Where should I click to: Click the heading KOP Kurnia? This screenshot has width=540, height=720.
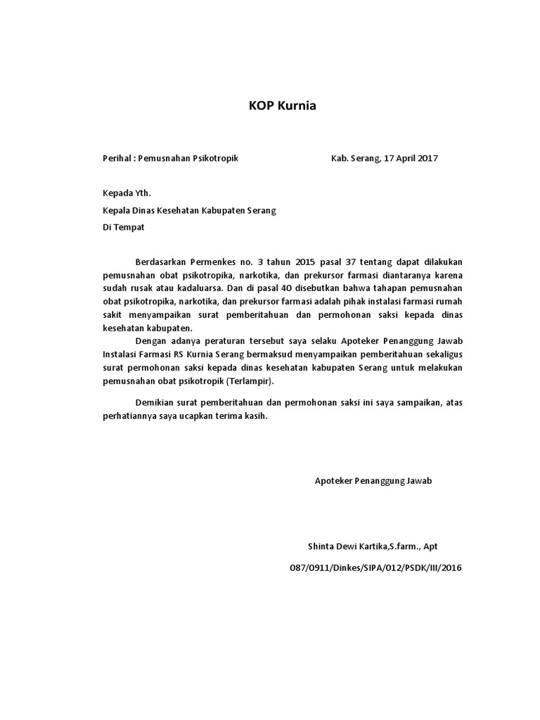(283, 106)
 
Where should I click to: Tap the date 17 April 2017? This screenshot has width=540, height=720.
(410, 158)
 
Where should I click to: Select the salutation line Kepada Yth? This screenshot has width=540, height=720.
(127, 193)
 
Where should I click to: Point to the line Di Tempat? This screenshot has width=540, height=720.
(123, 228)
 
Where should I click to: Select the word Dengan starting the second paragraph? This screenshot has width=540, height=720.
(149, 341)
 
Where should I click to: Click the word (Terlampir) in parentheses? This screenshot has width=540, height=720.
(253, 381)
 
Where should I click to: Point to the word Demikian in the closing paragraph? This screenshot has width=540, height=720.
(153, 403)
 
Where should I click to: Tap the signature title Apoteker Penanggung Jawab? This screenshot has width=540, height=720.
(373, 481)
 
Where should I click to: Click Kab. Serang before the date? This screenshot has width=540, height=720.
(355, 158)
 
